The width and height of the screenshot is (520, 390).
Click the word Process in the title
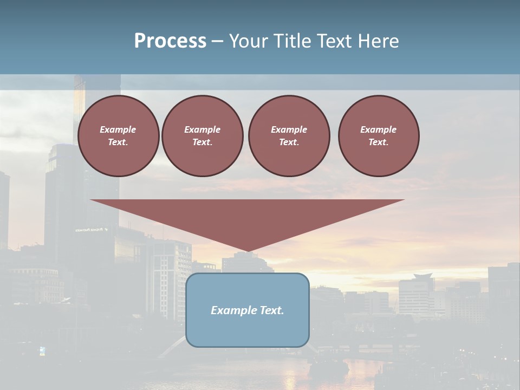tap(170, 41)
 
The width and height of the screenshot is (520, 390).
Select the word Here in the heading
tap(378, 41)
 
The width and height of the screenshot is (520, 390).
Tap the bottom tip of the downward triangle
tap(248, 251)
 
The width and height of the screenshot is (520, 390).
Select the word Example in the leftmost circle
tap(118, 129)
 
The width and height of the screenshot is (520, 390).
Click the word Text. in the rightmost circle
tap(379, 142)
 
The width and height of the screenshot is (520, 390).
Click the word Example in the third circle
tap(289, 129)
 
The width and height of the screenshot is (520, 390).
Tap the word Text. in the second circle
tap(202, 142)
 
